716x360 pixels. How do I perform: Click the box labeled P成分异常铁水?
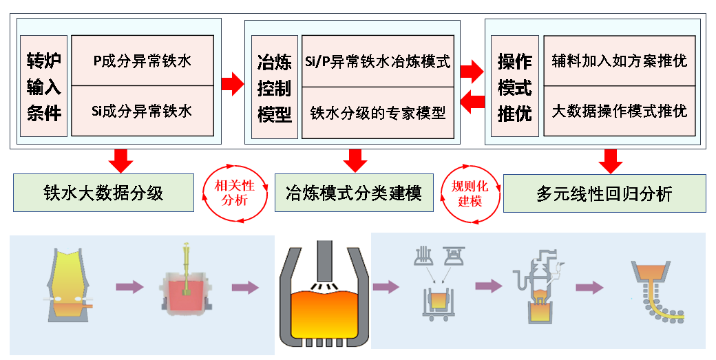coord(142,61)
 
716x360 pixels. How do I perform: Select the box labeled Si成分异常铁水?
coord(142,110)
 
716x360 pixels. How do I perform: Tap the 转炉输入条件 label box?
coord(44,87)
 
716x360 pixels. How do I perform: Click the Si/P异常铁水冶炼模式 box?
coord(377,62)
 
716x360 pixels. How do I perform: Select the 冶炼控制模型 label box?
coord(274,87)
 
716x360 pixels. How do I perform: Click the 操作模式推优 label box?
coord(514,87)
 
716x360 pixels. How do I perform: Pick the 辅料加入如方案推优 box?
coord(620,61)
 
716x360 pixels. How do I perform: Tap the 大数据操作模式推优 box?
coord(620,111)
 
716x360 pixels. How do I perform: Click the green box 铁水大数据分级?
coord(103,193)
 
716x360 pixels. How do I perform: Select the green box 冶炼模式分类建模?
coord(354,193)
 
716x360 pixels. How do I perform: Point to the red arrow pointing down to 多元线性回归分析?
coord(610,160)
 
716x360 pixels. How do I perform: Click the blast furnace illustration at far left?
coord(68,286)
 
